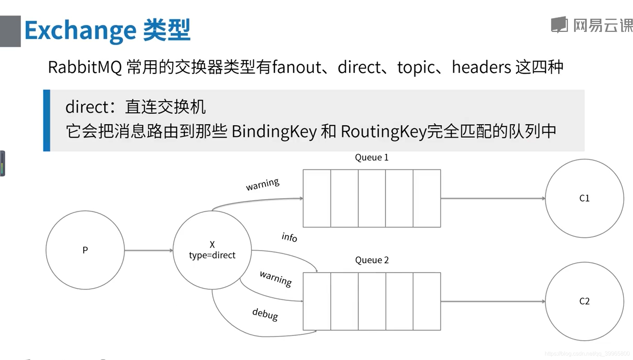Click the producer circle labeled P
coord(85,250)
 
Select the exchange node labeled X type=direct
coord(212,250)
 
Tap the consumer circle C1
coord(584,198)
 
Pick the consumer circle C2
coord(584,301)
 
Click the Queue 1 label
coord(372,157)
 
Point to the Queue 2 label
coord(372,260)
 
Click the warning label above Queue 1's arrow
coord(262,184)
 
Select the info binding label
coord(289,237)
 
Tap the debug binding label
coord(265,314)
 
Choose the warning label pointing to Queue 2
coord(276,278)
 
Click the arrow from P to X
coord(149,250)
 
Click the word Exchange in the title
coord(80,31)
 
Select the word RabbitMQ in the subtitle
coord(85,67)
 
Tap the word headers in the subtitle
coord(481,67)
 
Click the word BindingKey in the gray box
coord(274,132)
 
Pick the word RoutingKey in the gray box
coord(383,132)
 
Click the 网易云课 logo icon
coord(559,25)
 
